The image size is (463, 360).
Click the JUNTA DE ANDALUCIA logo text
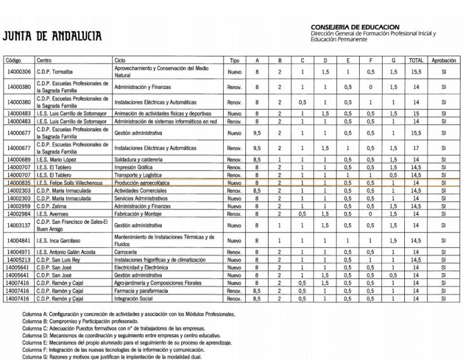click(52, 35)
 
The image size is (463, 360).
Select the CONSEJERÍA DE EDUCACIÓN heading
click(355, 28)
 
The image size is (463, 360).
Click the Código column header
click(13, 61)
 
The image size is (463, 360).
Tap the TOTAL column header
click(416, 61)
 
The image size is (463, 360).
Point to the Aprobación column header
click(443, 61)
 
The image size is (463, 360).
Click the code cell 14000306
click(19, 72)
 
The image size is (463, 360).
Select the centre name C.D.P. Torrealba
click(55, 72)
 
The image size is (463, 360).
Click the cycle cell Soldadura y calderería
click(138, 160)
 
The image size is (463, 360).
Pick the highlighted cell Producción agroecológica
click(142, 183)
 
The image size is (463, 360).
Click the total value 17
click(416, 148)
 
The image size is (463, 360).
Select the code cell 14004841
click(19, 241)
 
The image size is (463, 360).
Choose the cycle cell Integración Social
click(134, 299)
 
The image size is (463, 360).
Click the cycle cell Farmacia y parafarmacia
click(142, 291)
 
